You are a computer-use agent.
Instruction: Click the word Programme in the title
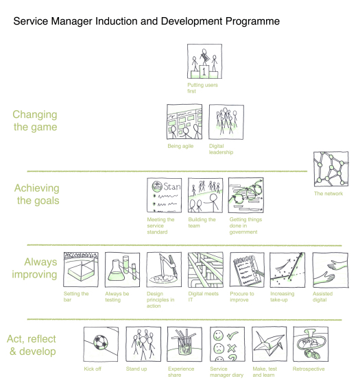pyautogui.click(x=252, y=21)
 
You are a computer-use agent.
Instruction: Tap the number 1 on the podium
pyautogui.click(x=204, y=72)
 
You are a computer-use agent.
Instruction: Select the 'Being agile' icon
pyautogui.click(x=184, y=122)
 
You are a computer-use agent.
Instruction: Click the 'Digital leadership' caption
pyautogui.click(x=221, y=149)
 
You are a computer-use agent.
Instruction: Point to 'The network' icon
pyautogui.click(x=331, y=169)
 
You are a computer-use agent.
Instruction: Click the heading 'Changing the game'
pyautogui.click(x=35, y=121)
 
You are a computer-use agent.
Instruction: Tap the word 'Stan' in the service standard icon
pyautogui.click(x=172, y=186)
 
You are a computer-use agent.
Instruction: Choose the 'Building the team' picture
pyautogui.click(x=205, y=195)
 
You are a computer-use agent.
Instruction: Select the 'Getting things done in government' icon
pyautogui.click(x=245, y=195)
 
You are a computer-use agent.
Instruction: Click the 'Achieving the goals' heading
pyautogui.click(x=37, y=195)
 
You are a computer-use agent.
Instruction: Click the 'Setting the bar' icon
pyautogui.click(x=81, y=270)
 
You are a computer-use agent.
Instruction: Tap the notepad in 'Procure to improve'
pyautogui.click(x=246, y=271)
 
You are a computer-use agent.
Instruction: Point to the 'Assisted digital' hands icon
pyautogui.click(x=331, y=270)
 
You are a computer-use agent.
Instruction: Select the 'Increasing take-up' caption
pyautogui.click(x=282, y=297)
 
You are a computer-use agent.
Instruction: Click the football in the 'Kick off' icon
pyautogui.click(x=101, y=343)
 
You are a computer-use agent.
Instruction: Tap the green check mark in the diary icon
pyautogui.click(x=232, y=336)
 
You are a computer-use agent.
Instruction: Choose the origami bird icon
pyautogui.click(x=269, y=344)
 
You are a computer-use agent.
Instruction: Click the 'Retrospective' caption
pyautogui.click(x=309, y=369)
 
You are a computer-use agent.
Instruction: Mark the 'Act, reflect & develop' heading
pyautogui.click(x=32, y=345)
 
